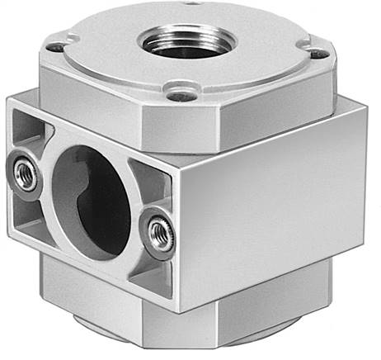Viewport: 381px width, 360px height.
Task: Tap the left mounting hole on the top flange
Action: click(x=55, y=47)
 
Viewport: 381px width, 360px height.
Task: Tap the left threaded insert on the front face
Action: click(x=26, y=174)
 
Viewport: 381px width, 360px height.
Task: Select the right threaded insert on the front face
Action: click(x=159, y=234)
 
